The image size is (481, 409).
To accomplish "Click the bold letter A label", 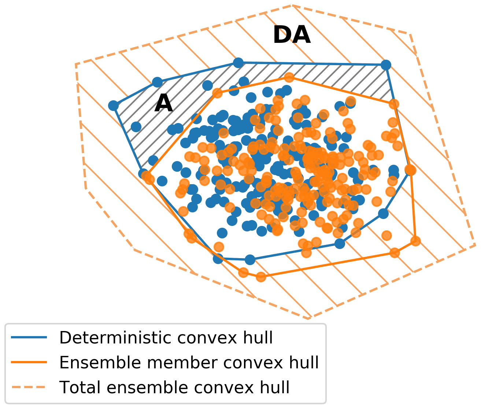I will point(163,104).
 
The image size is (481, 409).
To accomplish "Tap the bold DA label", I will point(292,36).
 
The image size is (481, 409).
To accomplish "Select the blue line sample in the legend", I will point(29,338).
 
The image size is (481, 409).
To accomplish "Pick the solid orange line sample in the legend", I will point(29,362).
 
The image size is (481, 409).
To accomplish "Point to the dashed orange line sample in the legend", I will point(29,387).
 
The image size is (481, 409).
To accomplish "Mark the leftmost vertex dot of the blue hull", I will point(114,106).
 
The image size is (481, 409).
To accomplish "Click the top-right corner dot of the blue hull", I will point(386,65).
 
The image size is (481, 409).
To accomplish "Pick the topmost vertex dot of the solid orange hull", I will point(289,77).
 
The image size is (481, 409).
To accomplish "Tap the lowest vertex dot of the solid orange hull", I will point(260,277).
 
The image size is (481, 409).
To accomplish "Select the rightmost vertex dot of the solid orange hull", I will point(415,241).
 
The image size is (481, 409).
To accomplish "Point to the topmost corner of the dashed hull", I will point(292,5).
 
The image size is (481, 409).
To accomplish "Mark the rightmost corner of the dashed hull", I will point(475,244).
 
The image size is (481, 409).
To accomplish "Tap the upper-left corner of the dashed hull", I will point(76,64).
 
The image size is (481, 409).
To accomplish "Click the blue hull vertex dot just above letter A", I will point(157,82).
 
